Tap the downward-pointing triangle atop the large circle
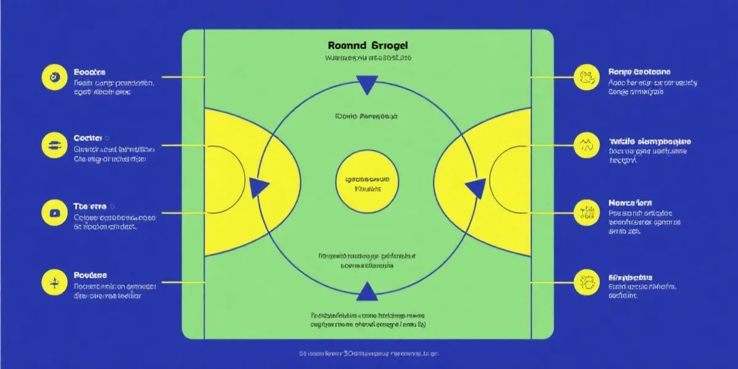[x=368, y=84]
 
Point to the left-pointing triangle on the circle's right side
[x=474, y=188]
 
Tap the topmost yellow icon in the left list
[x=53, y=77]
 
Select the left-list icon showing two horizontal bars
[x=53, y=145]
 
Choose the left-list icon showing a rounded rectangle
[x=53, y=213]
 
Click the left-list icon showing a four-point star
[x=53, y=283]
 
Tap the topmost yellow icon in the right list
[x=585, y=77]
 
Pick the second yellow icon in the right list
[x=585, y=145]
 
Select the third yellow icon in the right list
[x=585, y=213]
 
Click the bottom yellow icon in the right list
[x=585, y=283]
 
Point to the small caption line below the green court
[x=369, y=354]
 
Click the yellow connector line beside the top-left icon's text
[x=181, y=77]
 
